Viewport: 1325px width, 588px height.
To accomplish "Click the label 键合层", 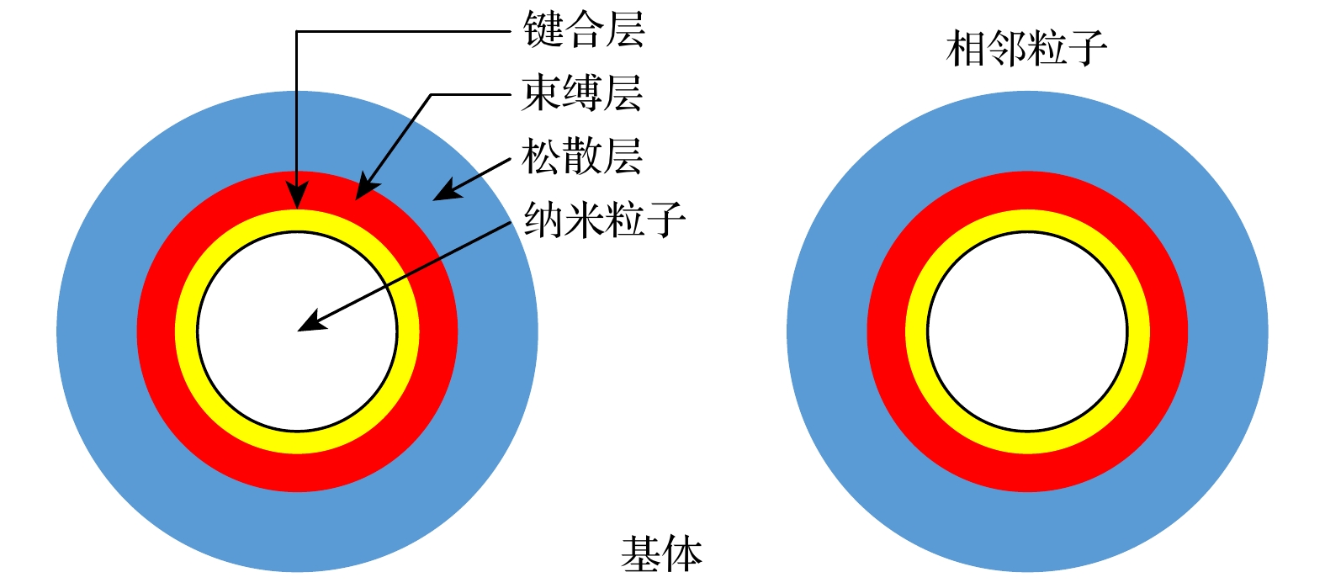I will pos(583,30).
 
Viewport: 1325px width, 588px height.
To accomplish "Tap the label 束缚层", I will pos(581,93).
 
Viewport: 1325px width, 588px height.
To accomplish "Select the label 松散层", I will pos(581,156).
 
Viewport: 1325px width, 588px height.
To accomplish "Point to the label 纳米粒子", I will pos(604,220).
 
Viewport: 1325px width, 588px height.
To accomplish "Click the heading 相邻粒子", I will pos(1026,49).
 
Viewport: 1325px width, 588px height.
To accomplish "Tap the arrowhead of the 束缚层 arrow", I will pos(363,190).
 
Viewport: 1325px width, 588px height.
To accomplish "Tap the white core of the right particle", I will pos(1027,331).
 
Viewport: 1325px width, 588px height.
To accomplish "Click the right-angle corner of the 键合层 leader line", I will pos(297,32).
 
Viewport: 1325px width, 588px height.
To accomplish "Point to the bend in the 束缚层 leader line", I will pos(432,94).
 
